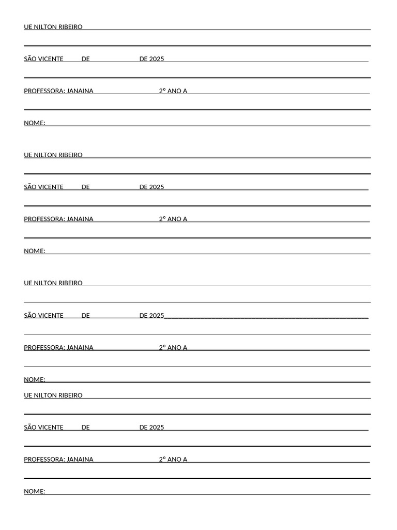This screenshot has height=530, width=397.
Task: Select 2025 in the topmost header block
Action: click(x=157, y=59)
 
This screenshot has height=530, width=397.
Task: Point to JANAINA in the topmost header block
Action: click(x=80, y=91)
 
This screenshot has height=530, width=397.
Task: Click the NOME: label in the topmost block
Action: click(x=35, y=123)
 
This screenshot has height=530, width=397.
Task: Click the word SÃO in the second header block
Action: click(x=30, y=187)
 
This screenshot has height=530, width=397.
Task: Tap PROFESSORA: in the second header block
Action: click(x=44, y=219)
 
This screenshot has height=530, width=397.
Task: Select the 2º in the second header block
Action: click(x=162, y=219)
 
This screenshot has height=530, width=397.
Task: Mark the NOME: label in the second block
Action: click(x=35, y=252)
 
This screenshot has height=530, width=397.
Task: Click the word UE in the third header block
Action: click(x=28, y=284)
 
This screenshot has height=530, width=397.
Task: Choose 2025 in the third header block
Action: click(x=157, y=316)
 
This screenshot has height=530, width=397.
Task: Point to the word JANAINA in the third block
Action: click(x=80, y=348)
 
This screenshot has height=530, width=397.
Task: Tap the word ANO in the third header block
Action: click(x=174, y=348)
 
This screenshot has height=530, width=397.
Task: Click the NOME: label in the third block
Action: click(x=35, y=380)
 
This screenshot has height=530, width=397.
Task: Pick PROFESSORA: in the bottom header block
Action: click(x=44, y=460)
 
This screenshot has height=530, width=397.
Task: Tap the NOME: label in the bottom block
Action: click(x=35, y=492)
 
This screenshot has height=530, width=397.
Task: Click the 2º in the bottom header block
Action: click(x=162, y=460)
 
